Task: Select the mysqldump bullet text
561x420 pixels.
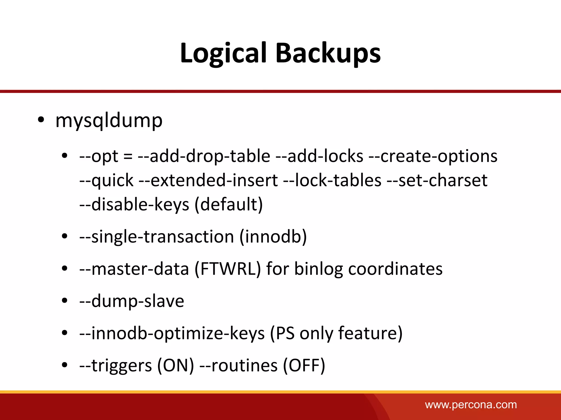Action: click(x=109, y=120)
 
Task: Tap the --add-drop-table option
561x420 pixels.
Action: click(x=204, y=156)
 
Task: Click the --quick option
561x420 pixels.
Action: click(x=106, y=180)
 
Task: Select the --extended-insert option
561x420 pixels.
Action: click(x=208, y=180)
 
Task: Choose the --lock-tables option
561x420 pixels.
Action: click(x=332, y=180)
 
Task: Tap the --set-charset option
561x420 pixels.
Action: click(x=437, y=180)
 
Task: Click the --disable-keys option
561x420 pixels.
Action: click(x=134, y=204)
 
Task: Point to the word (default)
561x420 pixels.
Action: click(x=229, y=204)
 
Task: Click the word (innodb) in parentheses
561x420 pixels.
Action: click(x=273, y=237)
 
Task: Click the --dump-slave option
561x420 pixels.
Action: click(x=131, y=301)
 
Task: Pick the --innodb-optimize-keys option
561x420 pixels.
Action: click(x=172, y=333)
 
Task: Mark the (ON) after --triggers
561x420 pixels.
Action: click(x=176, y=366)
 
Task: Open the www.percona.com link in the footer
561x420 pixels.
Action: click(x=471, y=405)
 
